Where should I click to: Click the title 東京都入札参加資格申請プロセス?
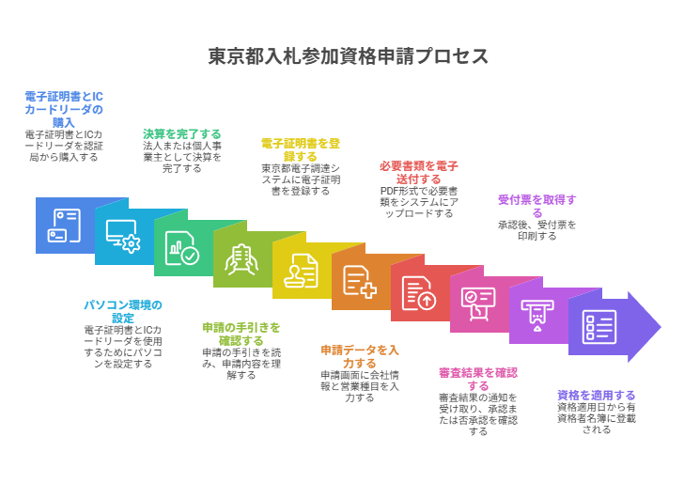point(349,56)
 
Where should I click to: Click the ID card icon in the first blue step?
point(65,226)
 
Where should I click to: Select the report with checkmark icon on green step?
point(181,248)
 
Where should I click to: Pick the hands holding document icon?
point(241,259)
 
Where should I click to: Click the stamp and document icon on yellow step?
point(301,271)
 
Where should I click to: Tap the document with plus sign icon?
point(360,282)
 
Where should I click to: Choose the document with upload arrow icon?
point(419,293)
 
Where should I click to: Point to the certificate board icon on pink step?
point(478,304)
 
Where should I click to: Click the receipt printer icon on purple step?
point(537,315)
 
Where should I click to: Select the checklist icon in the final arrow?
point(598,326)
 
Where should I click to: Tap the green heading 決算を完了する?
point(182,133)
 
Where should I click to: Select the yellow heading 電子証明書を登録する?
point(301,149)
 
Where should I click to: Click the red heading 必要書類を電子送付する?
point(419,172)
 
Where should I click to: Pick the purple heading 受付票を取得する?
point(537,206)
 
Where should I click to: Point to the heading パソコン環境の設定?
point(123,311)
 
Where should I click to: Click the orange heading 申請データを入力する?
point(360,356)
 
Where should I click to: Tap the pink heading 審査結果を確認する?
point(478,379)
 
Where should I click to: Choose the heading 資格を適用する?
point(597,395)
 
